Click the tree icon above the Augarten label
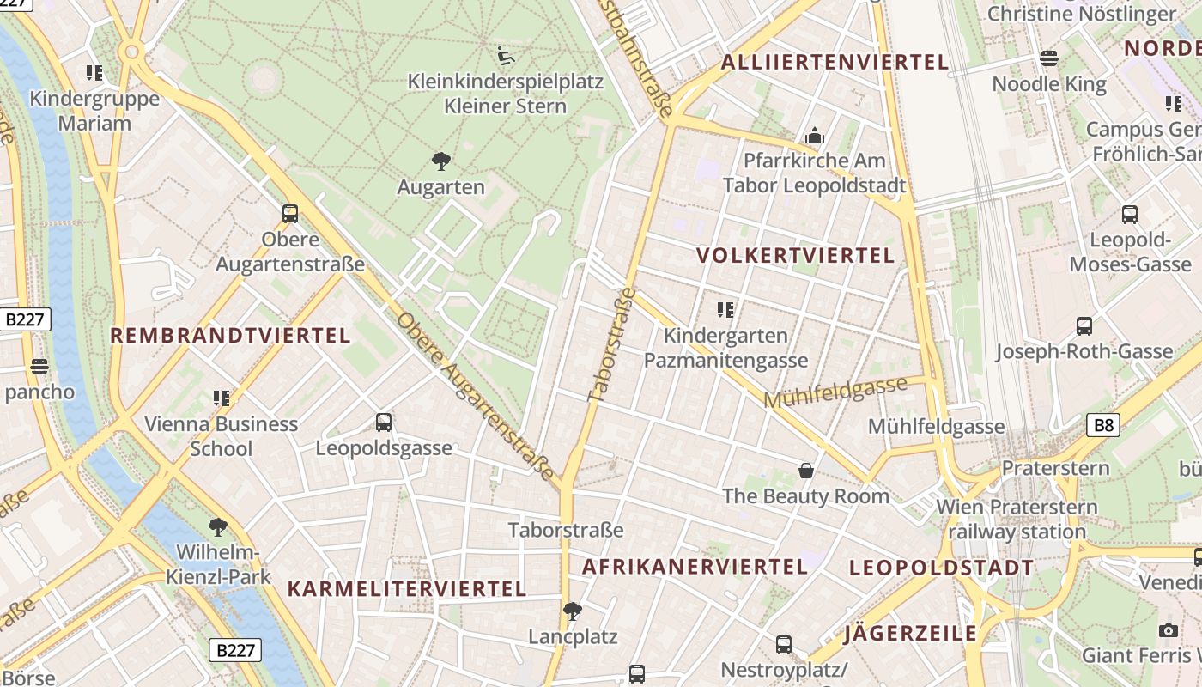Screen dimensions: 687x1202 click(441, 161)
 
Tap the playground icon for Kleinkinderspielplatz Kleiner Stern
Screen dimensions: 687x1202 click(506, 56)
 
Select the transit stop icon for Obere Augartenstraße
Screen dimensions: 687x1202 click(290, 214)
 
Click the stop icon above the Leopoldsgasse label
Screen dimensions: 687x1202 click(384, 423)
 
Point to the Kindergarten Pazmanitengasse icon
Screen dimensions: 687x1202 click(725, 309)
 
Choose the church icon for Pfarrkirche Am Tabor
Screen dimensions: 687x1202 click(814, 136)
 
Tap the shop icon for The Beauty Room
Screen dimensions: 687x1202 click(805, 471)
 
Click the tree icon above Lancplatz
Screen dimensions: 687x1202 click(573, 611)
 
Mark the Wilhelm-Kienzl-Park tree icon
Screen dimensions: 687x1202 click(219, 526)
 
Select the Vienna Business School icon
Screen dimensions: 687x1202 click(222, 398)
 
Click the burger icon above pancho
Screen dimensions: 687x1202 click(39, 368)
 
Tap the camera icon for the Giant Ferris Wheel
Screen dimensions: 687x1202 click(1168, 631)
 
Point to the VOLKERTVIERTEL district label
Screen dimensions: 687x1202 click(796, 256)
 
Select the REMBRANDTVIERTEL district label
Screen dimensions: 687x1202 click(230, 336)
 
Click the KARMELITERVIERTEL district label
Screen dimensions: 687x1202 click(406, 589)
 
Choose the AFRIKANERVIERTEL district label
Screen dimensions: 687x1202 click(695, 567)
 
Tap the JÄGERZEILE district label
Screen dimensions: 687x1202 click(910, 634)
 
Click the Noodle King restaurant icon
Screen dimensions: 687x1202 click(1049, 58)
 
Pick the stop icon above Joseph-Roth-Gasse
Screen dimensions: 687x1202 click(1084, 326)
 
